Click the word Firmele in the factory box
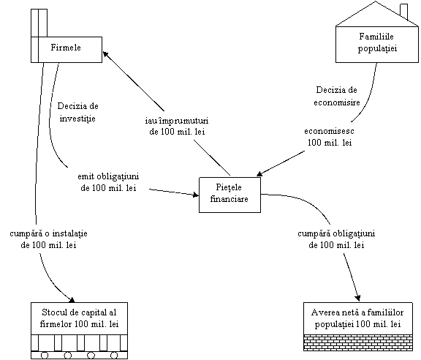tap(66, 48)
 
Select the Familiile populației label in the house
tap(377, 42)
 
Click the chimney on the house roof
tap(403, 11)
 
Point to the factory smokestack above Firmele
tap(39, 23)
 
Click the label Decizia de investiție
tap(77, 112)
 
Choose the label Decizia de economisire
tap(337, 96)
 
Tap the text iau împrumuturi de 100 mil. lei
tap(177, 126)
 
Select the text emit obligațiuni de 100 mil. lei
tap(108, 182)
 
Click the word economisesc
tap(329, 131)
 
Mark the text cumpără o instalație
tap(48, 233)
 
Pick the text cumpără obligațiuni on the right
tap(336, 233)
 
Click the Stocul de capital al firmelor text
tap(79, 318)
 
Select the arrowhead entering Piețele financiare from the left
tap(195, 195)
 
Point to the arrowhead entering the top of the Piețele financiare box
tap(259, 173)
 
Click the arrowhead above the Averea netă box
tap(357, 298)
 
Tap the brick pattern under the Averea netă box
tap(358, 342)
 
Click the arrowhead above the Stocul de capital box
tap(72, 299)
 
